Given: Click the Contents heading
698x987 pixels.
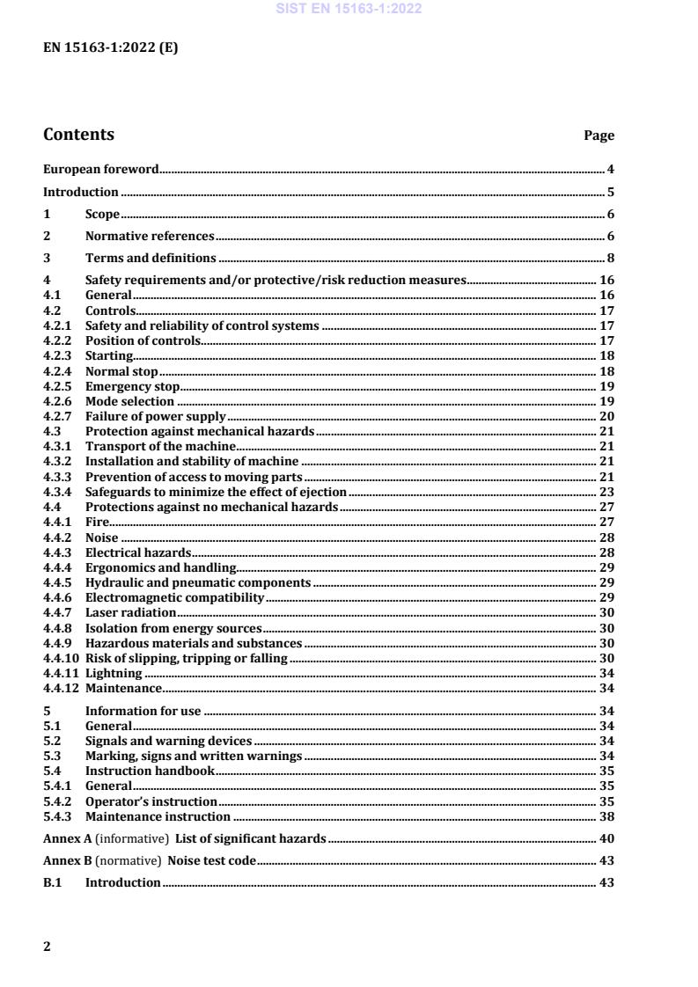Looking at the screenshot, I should pyautogui.click(x=78, y=135).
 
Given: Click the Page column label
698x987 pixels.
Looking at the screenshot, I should pyautogui.click(x=599, y=136).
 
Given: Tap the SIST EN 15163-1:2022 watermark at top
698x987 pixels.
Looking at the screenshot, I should pyautogui.click(x=349, y=9).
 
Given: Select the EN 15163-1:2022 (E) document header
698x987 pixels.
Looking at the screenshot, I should pyautogui.click(x=110, y=48).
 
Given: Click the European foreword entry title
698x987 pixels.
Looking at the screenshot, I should pyautogui.click(x=100, y=169).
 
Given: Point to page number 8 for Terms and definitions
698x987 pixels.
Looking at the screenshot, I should pyautogui.click(x=609, y=258).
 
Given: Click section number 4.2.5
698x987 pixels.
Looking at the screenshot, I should pyautogui.click(x=57, y=386).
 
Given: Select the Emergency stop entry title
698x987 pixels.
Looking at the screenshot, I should pyautogui.click(x=132, y=386).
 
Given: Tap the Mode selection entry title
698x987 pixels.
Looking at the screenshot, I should pyautogui.click(x=129, y=401).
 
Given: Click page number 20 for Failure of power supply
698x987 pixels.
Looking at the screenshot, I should pyautogui.click(x=606, y=416).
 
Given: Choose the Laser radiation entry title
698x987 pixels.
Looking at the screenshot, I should pyautogui.click(x=130, y=612).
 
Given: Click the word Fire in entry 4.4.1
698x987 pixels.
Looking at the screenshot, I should pyautogui.click(x=97, y=522).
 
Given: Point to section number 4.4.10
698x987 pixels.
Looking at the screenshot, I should pyautogui.click(x=61, y=657).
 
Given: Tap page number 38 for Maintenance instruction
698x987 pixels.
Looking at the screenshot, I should pyautogui.click(x=606, y=816).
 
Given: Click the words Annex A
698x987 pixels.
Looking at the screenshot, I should pyautogui.click(x=67, y=838).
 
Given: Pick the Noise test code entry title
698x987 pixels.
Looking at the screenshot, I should pyautogui.click(x=212, y=860).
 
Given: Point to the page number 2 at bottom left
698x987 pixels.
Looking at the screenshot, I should pyautogui.click(x=48, y=947).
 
